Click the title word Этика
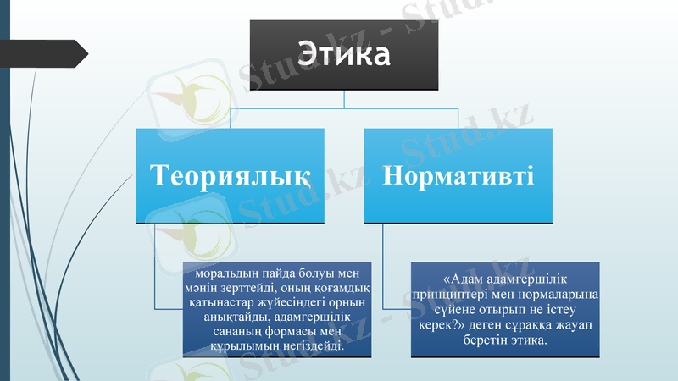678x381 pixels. (343, 55)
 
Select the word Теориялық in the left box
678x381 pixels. (230, 175)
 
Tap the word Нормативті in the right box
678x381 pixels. (458, 175)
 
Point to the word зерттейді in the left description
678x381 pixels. (247, 289)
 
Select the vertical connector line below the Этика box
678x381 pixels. (344, 100)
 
